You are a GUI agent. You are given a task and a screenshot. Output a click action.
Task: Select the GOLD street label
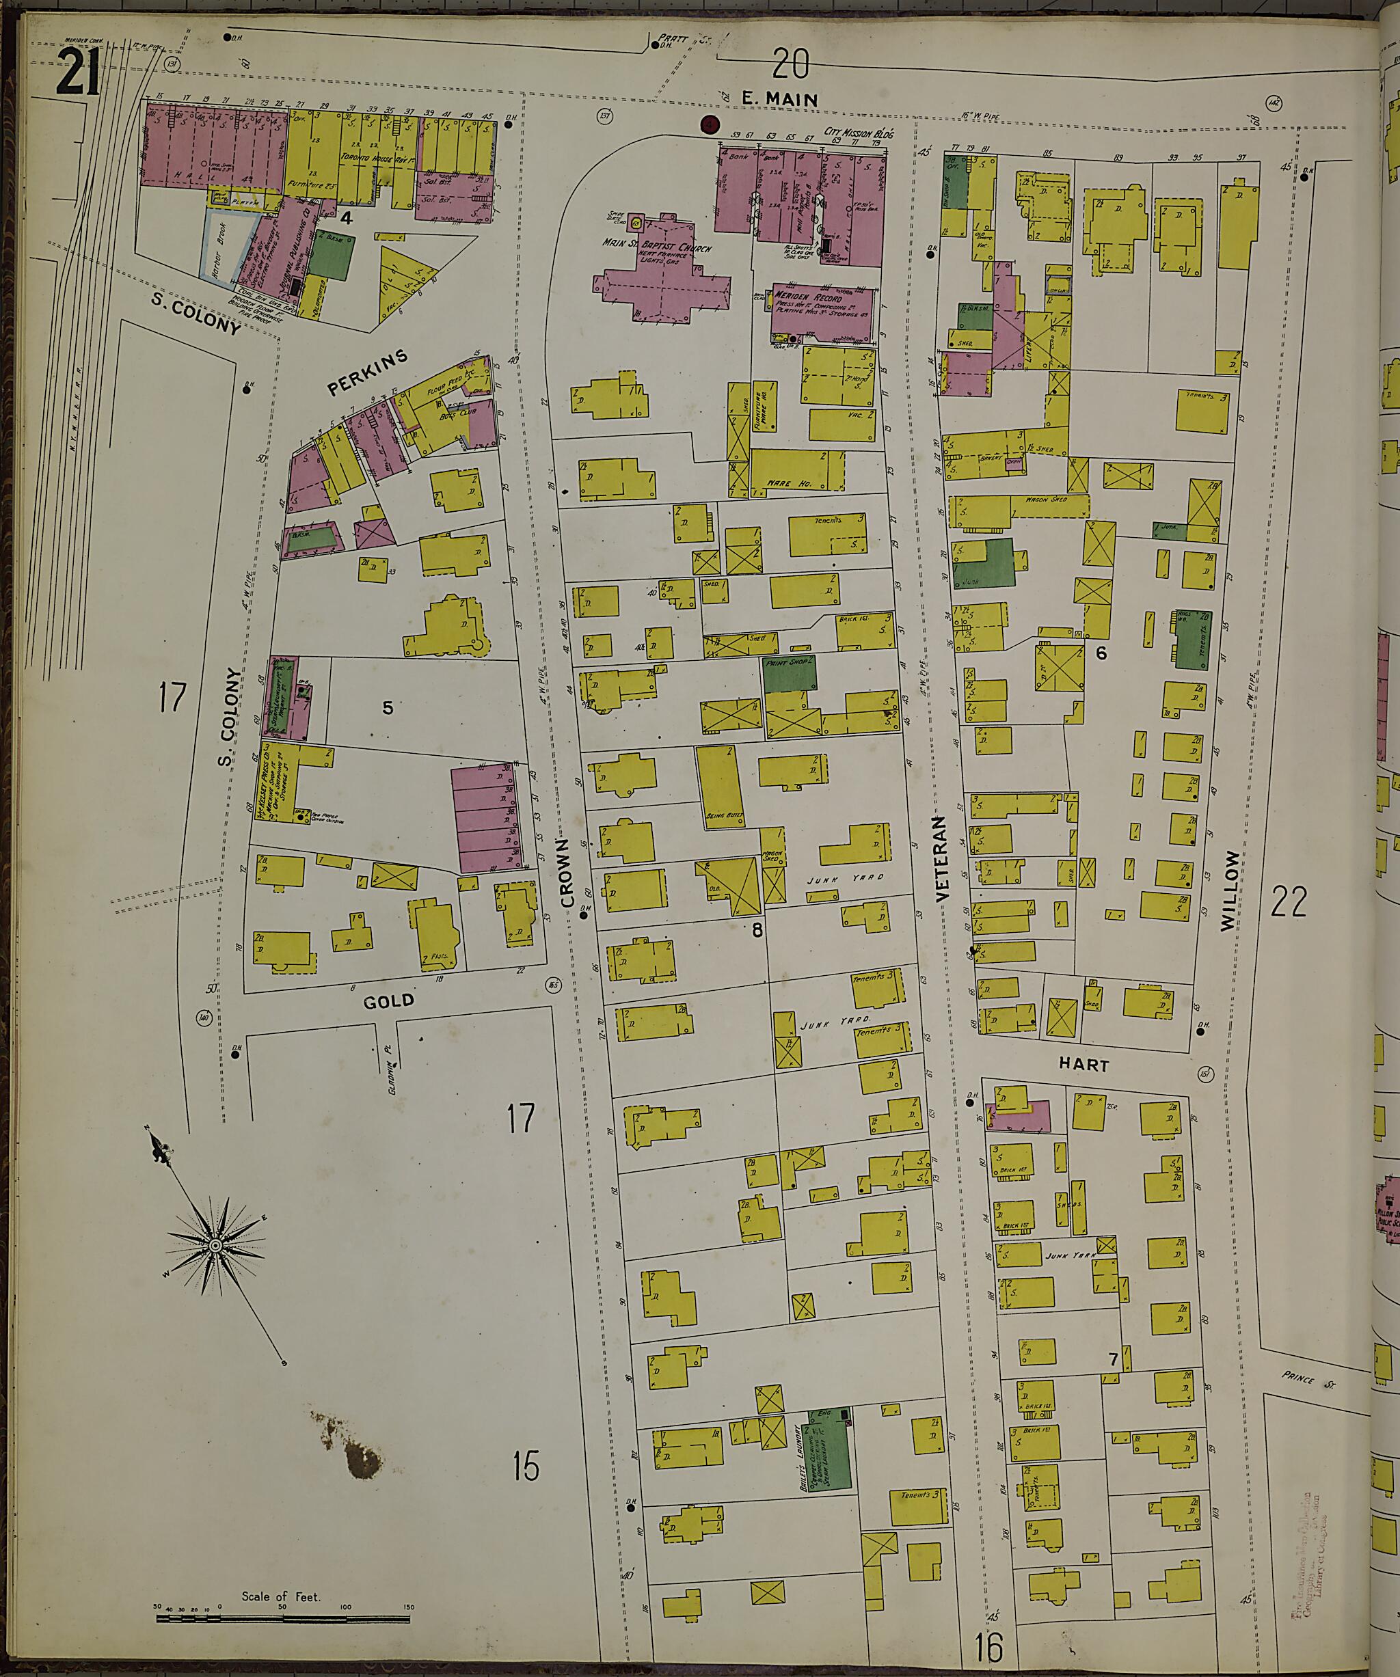point(389,1000)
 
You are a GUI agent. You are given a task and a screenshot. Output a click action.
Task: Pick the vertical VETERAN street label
point(939,859)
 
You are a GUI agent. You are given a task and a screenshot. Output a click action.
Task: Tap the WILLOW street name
point(1230,890)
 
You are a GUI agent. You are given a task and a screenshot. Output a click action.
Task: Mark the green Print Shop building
point(790,674)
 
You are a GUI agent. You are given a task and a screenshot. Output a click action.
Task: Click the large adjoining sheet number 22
point(1287,902)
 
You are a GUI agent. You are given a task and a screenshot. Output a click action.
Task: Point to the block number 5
point(388,707)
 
